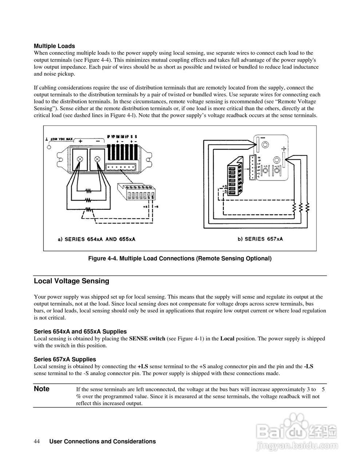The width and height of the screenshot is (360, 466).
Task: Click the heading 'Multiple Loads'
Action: (54, 46)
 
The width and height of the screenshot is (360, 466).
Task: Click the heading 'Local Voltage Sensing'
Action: (71, 281)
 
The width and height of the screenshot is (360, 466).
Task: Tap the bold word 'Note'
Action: (41, 389)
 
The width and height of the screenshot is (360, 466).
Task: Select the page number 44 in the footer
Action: (37, 441)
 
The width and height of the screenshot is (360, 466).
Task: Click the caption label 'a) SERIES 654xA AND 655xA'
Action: (97, 239)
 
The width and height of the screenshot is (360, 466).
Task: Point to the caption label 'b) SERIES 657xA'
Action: (260, 239)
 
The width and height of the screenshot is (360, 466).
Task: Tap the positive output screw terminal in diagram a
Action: (80, 159)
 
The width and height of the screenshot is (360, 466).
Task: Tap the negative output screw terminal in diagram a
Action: (97, 159)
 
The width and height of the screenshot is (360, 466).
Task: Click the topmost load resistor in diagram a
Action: (88, 190)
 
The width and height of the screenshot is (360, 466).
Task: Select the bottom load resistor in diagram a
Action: (88, 209)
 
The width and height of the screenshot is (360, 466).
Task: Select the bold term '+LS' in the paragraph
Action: (143, 366)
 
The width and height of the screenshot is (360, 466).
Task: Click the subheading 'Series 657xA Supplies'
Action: (65, 359)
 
